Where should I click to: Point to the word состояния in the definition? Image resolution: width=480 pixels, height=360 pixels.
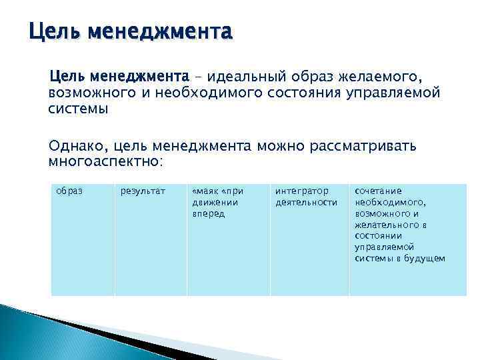coord(305,92)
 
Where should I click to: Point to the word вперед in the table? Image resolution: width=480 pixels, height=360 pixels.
coord(208,213)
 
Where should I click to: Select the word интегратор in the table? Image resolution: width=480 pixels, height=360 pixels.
coord(301,191)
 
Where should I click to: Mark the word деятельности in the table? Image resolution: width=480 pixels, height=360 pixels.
coord(306,202)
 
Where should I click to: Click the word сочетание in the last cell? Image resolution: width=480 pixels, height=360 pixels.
coord(378,191)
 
